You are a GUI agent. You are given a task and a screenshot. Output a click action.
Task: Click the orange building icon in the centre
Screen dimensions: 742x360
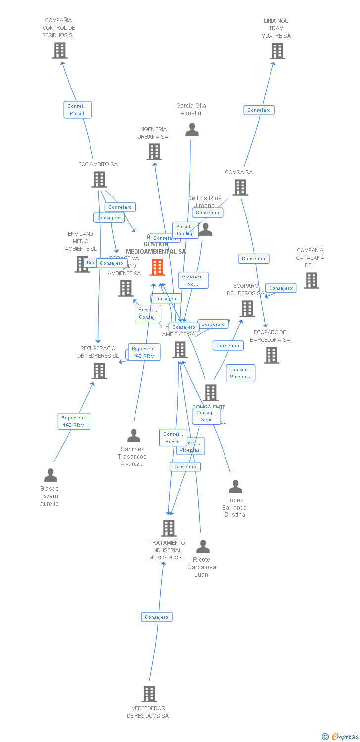coord(157,267)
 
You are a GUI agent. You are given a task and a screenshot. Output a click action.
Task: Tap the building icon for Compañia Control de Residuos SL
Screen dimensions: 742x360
coord(60,50)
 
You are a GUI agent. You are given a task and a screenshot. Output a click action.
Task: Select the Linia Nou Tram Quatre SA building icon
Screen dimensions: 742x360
coord(277,51)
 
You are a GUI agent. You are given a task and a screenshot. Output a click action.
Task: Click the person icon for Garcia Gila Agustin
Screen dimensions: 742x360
coord(192,130)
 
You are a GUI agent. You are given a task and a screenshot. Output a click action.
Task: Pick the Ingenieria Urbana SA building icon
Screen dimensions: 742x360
coord(154,152)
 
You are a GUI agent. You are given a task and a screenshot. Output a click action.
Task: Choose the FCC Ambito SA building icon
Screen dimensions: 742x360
coord(99,180)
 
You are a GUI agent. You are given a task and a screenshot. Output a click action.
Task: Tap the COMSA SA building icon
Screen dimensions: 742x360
coord(240,187)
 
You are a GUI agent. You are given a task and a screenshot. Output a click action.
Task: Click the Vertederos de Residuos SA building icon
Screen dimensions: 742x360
coord(149,694)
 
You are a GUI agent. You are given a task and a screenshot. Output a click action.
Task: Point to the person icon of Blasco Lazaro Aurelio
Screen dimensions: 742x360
coord(50,475)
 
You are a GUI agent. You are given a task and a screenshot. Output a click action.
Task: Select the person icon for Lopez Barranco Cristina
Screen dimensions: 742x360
coord(235,487)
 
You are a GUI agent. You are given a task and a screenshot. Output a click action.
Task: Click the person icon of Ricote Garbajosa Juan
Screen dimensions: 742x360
coord(203,547)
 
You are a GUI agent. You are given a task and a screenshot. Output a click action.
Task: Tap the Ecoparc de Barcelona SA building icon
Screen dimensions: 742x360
coord(271,355)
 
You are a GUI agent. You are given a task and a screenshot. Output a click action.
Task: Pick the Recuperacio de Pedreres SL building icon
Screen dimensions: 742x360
coord(99,371)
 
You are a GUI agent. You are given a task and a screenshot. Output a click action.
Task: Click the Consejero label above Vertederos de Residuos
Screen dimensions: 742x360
coord(157,617)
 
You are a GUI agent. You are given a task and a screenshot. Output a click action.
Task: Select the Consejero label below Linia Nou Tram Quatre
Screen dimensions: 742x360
coord(259,110)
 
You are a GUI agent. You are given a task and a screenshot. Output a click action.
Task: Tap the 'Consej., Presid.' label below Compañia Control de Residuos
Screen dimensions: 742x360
coord(78,110)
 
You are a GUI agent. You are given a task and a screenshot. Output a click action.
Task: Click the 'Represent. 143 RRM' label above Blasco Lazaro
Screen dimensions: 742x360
coord(74,421)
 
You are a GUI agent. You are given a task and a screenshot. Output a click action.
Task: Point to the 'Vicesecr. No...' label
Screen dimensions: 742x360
coord(193,280)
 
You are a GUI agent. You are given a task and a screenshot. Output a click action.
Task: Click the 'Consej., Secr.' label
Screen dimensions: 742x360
coord(207,416)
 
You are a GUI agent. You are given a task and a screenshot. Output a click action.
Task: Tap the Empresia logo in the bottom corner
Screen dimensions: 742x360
coord(341,737)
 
